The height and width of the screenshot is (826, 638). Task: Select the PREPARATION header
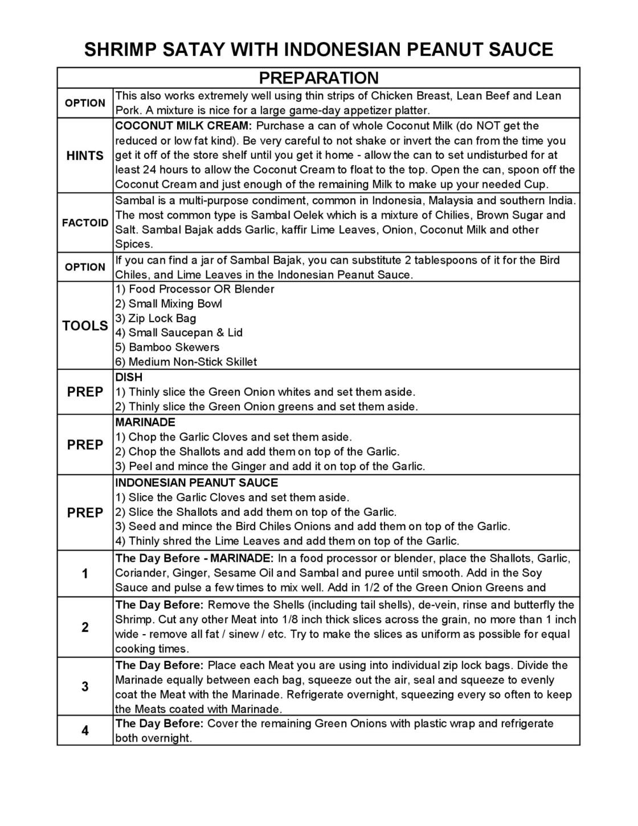[318, 77]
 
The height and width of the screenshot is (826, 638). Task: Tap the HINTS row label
[85, 155]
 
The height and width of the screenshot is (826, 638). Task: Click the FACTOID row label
[85, 223]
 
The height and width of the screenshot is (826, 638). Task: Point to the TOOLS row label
[85, 326]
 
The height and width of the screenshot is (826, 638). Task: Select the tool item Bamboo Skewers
[167, 347]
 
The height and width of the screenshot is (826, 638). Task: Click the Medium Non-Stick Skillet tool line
[186, 362]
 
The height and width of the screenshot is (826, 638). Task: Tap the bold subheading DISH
[129, 377]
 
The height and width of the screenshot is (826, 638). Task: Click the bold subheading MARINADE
[145, 422]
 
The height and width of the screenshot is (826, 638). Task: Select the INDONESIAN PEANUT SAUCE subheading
[197, 483]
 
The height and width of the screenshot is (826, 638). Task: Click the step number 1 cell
[85, 574]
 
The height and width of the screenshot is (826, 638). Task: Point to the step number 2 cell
[85, 627]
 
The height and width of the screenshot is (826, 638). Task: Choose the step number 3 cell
[85, 687]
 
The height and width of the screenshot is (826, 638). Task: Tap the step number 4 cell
[85, 730]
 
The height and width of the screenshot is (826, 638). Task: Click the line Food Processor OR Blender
[195, 289]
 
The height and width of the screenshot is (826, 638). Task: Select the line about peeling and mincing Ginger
[270, 467]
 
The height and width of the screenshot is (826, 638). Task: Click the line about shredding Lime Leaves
[287, 541]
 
